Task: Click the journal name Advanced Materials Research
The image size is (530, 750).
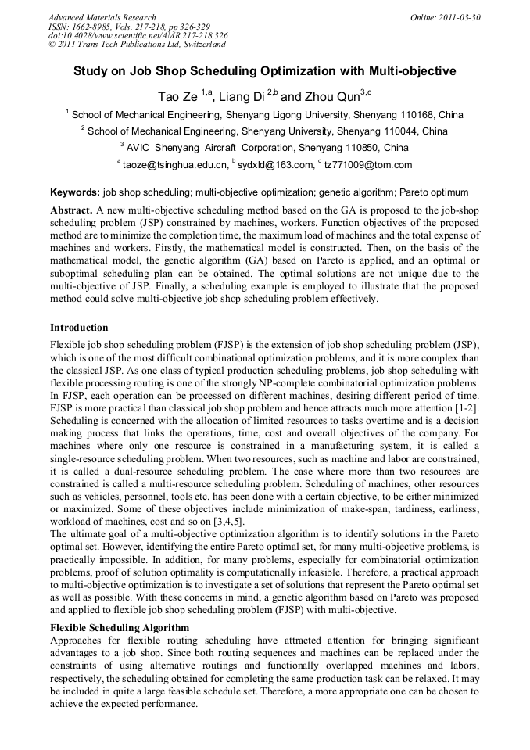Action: pos(102,17)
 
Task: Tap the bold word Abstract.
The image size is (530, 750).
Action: pos(71,211)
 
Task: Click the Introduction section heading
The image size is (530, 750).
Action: pos(79,327)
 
